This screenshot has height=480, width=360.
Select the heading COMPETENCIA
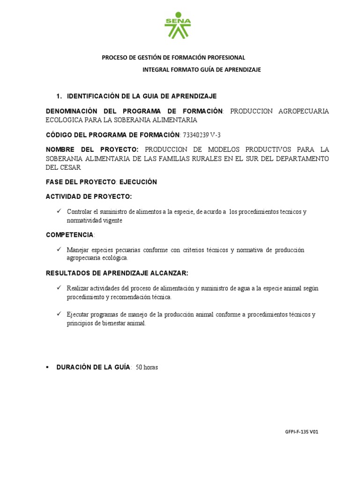(x=69, y=234)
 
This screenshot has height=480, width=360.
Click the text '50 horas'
(x=147, y=368)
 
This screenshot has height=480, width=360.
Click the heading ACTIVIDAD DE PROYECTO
(x=89, y=196)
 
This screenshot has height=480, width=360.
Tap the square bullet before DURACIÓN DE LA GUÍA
(x=47, y=367)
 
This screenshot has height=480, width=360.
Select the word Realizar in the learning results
(x=78, y=288)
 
